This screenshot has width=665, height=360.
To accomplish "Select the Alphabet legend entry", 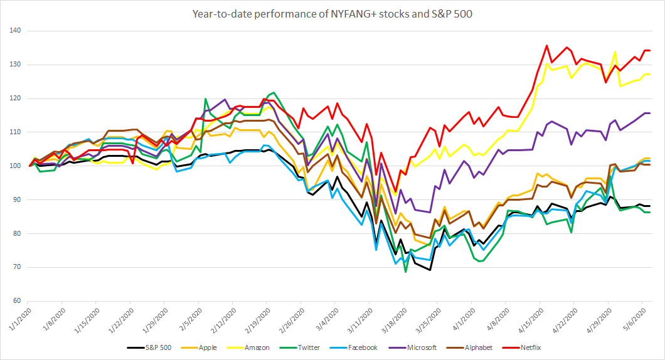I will [x=474, y=347].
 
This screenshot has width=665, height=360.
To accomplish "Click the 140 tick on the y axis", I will [x=14, y=31].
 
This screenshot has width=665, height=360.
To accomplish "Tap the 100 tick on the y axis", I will [x=14, y=166].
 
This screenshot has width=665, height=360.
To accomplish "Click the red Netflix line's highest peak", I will [x=546, y=45].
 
